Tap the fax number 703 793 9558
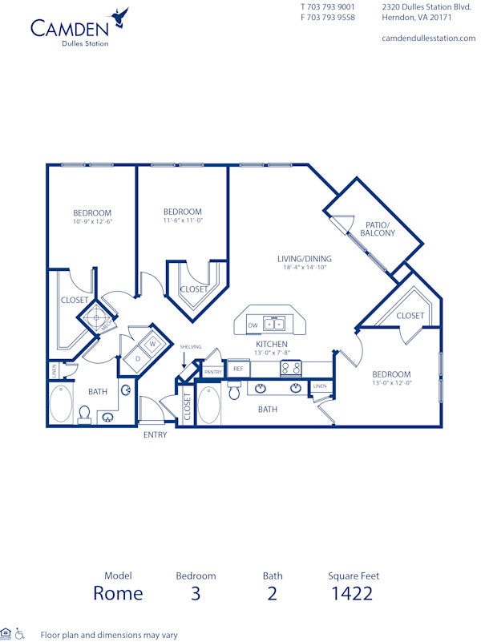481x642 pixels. coord(328,17)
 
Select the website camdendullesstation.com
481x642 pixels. coord(428,38)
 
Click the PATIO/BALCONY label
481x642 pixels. coord(377,228)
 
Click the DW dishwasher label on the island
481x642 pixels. coord(253,325)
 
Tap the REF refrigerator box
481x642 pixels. coord(238,369)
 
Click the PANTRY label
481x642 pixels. coord(212,372)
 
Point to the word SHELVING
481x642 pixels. coord(190,347)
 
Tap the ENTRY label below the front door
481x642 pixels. coord(155,434)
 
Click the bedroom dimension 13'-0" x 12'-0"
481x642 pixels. coord(391,383)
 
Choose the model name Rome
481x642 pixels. coord(118,593)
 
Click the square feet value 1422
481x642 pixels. coord(353,593)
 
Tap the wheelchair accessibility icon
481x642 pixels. coord(20,633)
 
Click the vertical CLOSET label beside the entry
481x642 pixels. coord(187,407)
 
